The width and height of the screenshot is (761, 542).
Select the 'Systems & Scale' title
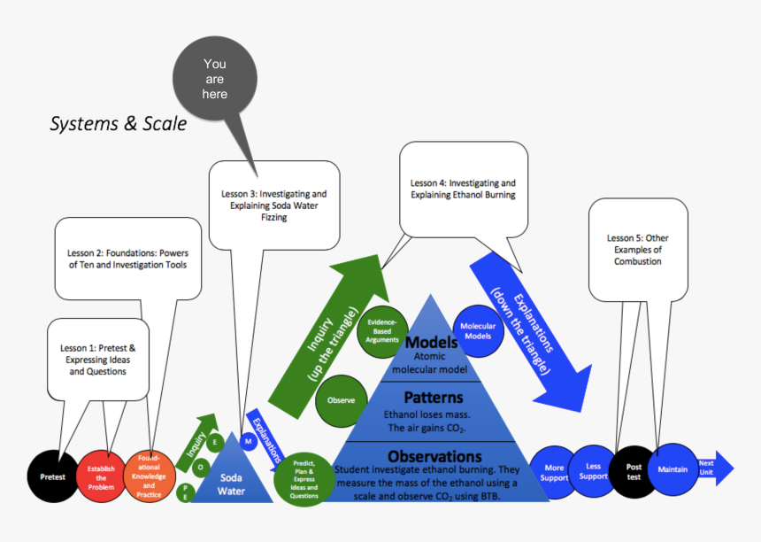click(118, 124)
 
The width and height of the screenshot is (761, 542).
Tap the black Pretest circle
click(52, 476)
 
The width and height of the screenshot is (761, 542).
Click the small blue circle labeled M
click(249, 441)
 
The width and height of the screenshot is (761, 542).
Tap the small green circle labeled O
click(201, 467)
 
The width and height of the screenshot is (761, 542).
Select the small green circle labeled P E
click(186, 492)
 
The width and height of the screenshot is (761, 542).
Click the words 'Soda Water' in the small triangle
click(231, 484)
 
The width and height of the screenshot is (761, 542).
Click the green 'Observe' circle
click(341, 400)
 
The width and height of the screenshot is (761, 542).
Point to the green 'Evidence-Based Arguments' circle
click(382, 333)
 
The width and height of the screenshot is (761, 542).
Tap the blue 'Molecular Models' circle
click(478, 332)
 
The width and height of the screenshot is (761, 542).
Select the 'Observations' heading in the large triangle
click(434, 456)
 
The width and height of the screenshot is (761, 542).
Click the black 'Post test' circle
click(634, 471)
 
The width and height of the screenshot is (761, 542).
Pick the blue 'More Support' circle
click(554, 472)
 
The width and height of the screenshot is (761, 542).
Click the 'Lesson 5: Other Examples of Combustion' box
click(638, 249)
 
